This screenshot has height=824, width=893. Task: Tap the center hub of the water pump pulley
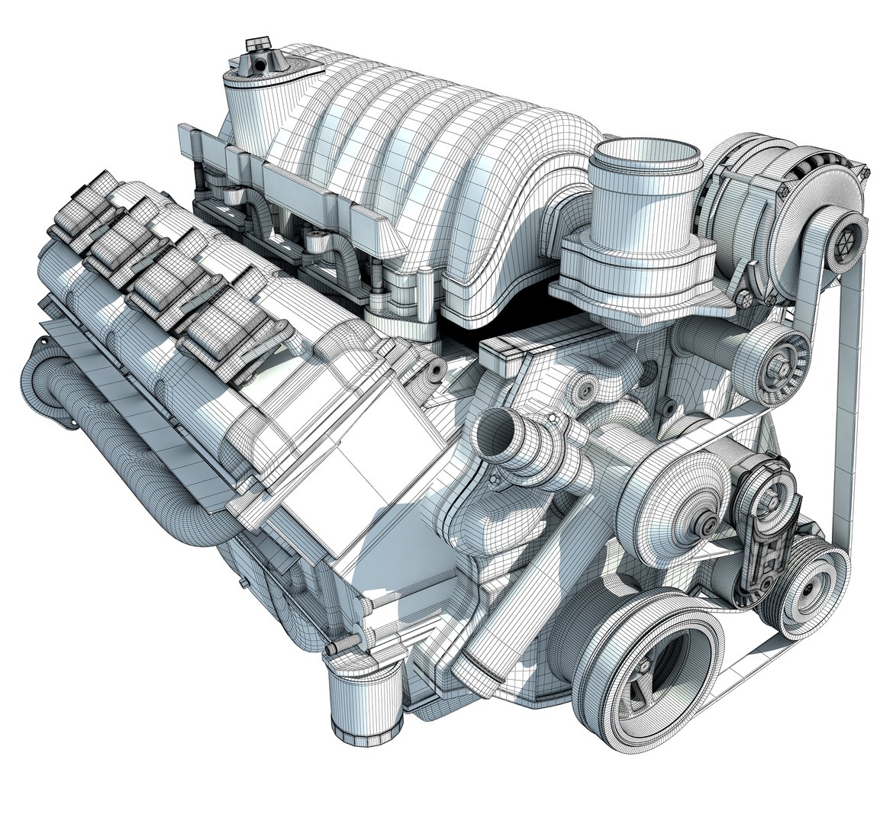(x=710, y=524)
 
